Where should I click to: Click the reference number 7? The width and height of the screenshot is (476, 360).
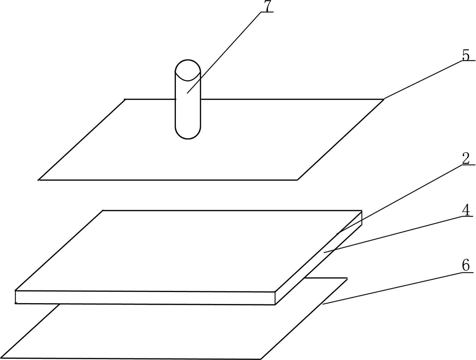(x=268, y=6)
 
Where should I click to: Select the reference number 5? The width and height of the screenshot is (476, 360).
(x=466, y=55)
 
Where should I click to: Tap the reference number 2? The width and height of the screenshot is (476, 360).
(x=466, y=158)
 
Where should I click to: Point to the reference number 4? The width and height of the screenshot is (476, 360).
(x=466, y=210)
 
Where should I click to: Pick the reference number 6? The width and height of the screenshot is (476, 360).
(x=466, y=265)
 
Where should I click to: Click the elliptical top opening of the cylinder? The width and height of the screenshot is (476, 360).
(x=188, y=70)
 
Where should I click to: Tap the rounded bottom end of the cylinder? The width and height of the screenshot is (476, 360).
(x=188, y=132)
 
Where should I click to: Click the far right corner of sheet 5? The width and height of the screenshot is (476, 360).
(x=383, y=99)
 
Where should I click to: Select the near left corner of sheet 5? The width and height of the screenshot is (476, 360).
(x=39, y=180)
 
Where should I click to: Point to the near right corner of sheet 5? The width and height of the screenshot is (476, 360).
(x=297, y=180)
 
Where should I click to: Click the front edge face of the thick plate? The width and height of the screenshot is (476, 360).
(x=145, y=297)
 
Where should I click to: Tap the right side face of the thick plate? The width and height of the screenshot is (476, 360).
(x=318, y=258)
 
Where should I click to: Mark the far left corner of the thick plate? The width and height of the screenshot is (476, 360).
(x=103, y=210)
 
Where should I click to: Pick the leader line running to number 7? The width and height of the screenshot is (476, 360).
(x=224, y=53)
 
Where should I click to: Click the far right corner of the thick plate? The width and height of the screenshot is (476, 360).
(x=362, y=211)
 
